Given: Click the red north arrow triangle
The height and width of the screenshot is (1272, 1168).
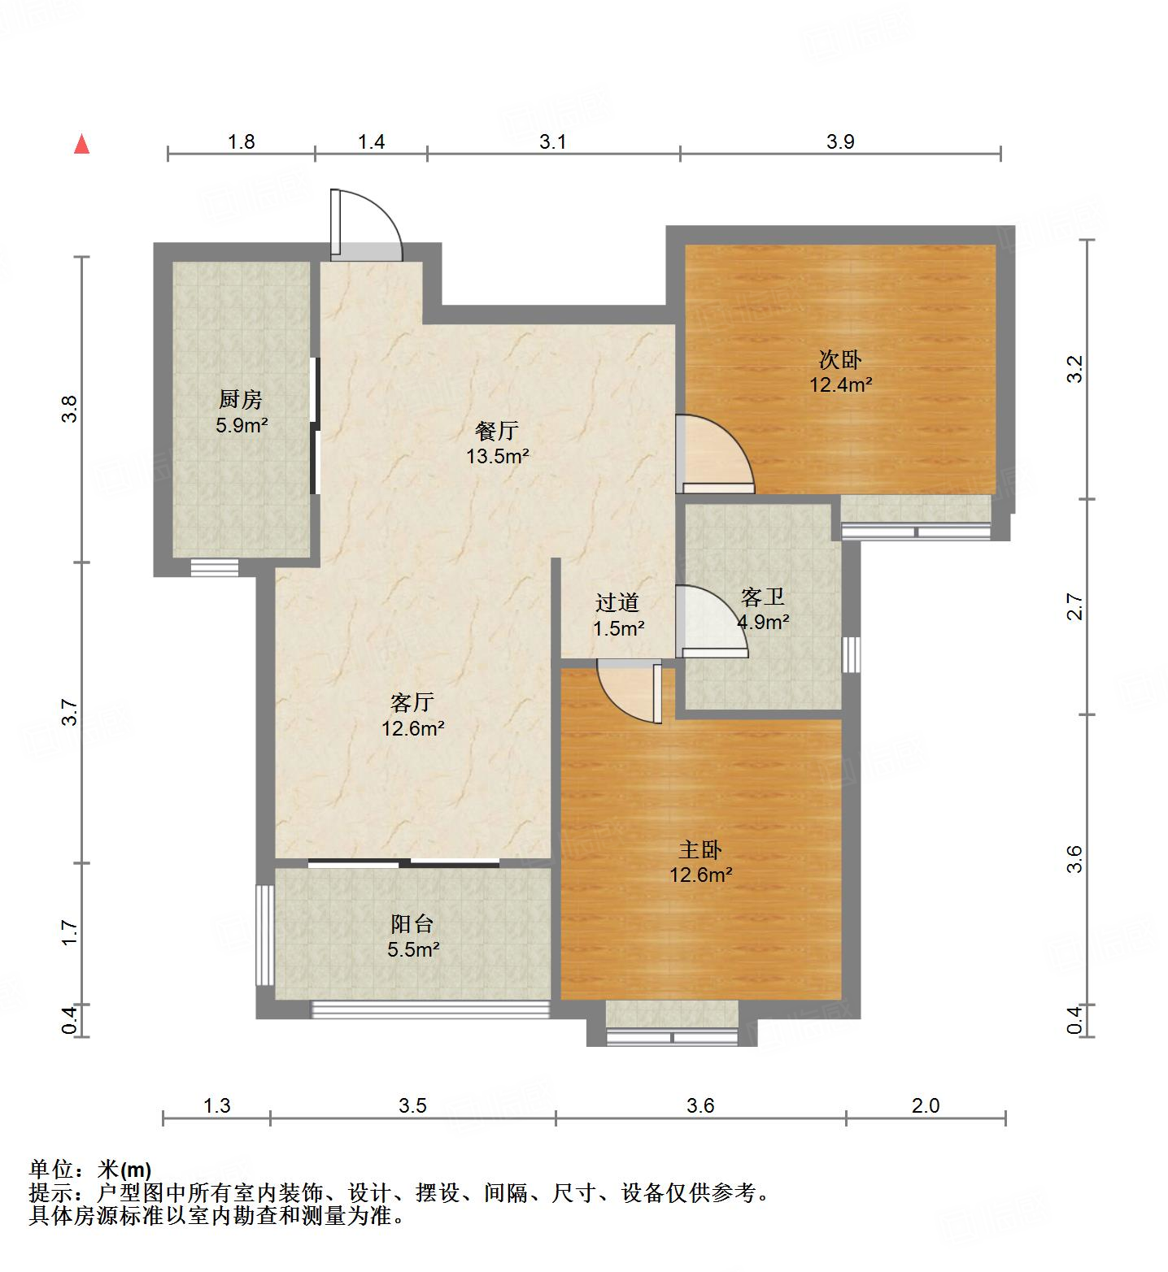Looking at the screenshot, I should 81,145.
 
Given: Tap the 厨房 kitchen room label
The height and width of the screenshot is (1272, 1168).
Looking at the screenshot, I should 241,412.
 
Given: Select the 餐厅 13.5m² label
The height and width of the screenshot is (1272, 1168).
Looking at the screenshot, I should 497,443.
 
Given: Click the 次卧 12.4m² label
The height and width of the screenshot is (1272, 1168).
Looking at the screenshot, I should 840,371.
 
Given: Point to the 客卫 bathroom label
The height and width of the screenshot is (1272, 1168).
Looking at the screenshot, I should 763,610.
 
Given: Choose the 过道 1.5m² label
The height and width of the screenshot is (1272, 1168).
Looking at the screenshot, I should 618,614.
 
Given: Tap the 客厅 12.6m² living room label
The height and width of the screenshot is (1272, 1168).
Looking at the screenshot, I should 412,714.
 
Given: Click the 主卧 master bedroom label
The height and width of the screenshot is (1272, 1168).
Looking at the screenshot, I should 700,862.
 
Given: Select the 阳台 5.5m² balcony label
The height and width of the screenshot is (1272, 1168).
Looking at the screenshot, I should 413,936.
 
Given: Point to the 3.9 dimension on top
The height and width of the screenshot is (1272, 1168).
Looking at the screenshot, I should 840,141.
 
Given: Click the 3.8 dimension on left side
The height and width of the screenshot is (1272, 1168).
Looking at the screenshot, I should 71,408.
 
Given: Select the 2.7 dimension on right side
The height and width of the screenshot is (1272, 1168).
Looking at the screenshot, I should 1075,607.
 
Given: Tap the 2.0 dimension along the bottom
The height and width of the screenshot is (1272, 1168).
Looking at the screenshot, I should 926,1105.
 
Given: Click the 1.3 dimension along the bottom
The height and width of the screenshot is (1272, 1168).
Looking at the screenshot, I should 216,1105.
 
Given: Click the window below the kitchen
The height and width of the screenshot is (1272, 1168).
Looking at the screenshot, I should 215,567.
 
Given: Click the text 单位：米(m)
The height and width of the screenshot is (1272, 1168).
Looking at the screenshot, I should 90,1170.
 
